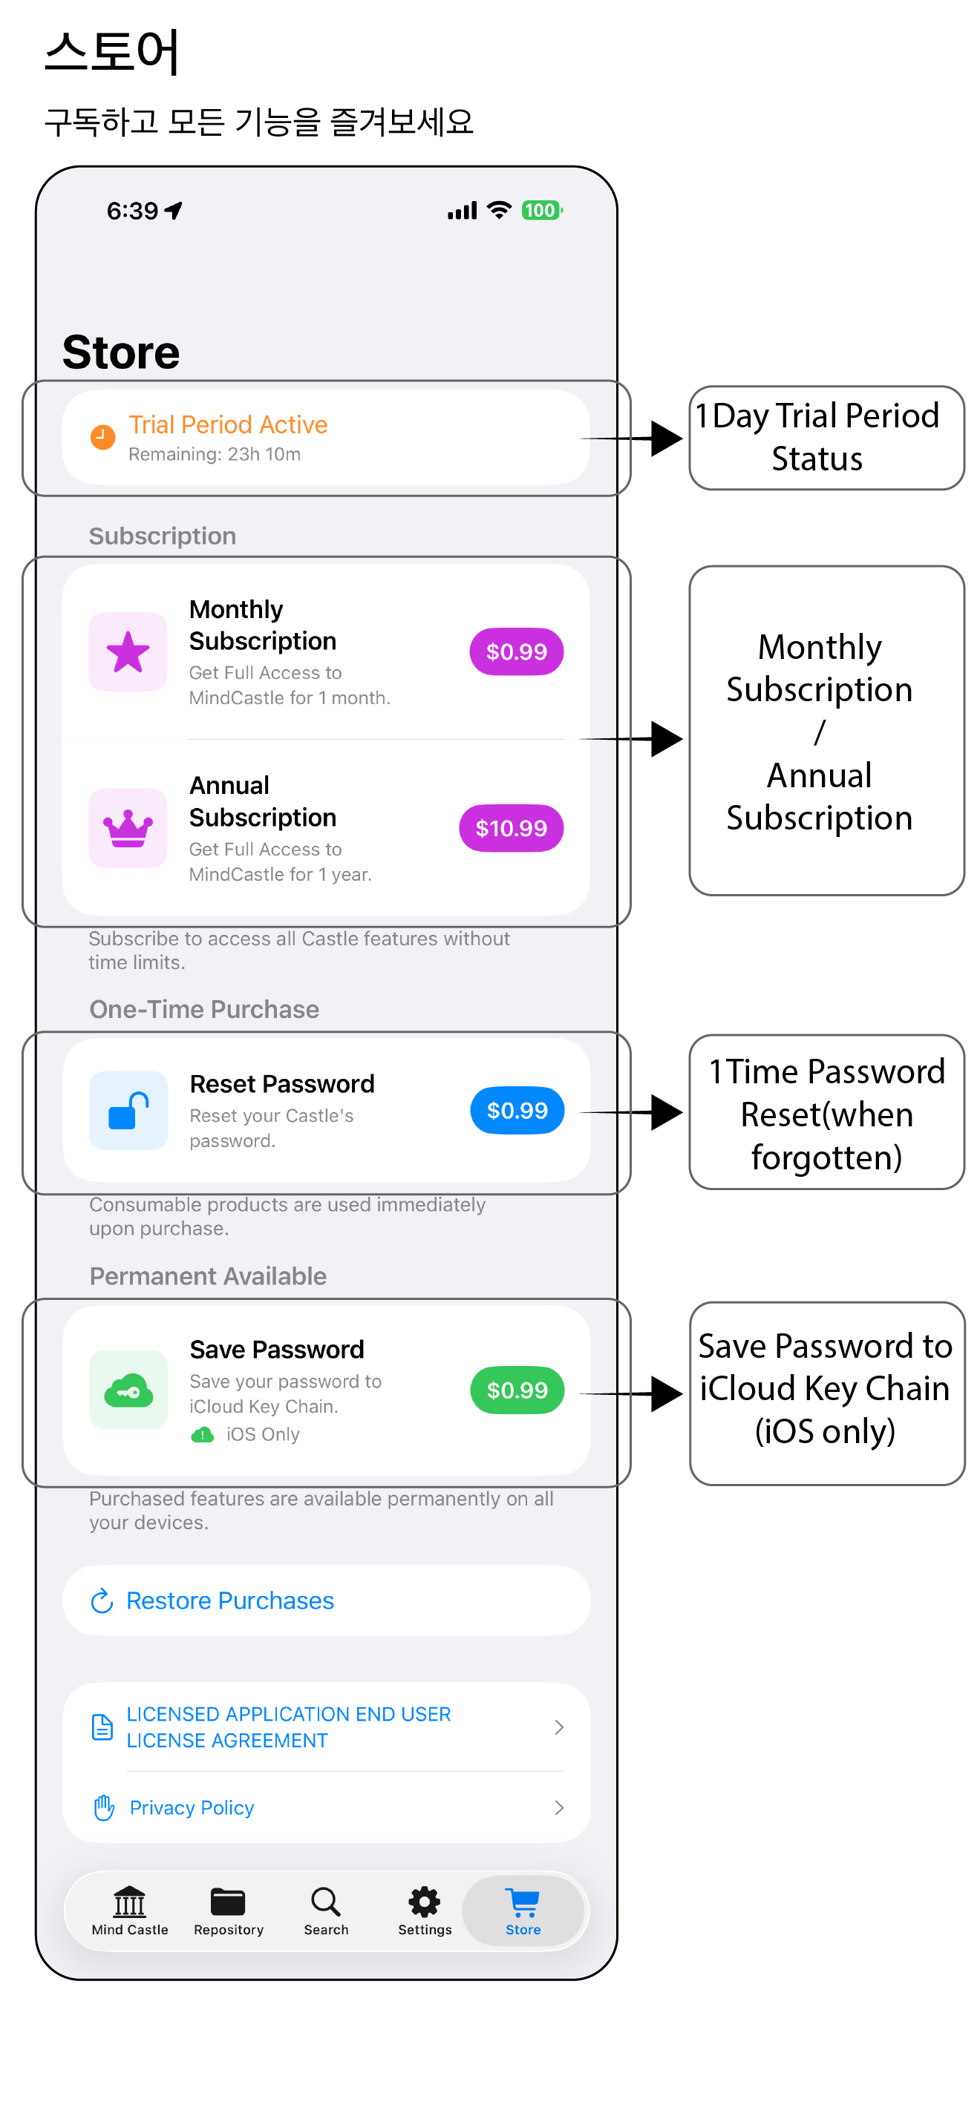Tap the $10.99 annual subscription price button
click(511, 828)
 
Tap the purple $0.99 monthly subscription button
click(517, 651)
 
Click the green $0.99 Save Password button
click(517, 1390)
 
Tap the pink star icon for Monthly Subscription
click(128, 651)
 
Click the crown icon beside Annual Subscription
click(128, 828)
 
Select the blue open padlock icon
click(128, 1110)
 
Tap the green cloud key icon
click(128, 1390)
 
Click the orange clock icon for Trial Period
click(102, 437)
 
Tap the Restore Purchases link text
click(229, 1601)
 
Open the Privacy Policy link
click(192, 1807)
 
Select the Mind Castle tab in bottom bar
click(130, 1911)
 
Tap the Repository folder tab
click(228, 1911)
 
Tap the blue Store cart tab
click(523, 1911)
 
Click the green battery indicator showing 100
click(541, 211)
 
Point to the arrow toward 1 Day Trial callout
click(631, 439)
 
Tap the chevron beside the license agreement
click(559, 1727)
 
